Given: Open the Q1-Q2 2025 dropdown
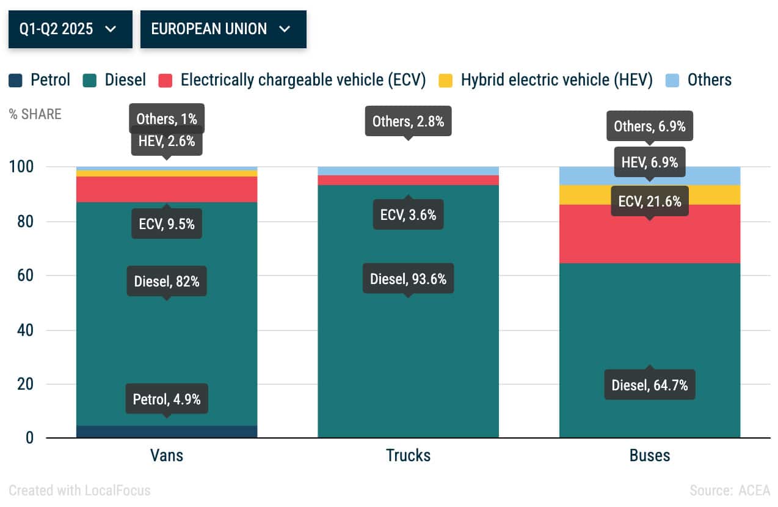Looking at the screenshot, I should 70,29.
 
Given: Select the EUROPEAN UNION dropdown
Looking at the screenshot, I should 223,29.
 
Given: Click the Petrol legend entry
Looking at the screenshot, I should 40,80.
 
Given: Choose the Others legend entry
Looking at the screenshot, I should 699,80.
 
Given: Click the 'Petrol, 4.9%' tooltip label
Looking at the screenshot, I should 167,399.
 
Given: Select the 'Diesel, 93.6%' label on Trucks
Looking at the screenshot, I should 408,279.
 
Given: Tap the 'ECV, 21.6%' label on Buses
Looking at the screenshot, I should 649,201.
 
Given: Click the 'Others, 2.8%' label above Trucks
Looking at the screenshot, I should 408,122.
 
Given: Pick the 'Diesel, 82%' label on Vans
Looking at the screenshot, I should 167,282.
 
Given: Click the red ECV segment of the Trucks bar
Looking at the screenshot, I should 408,180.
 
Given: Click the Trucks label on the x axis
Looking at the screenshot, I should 408,455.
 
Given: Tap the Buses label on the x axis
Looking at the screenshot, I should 649,455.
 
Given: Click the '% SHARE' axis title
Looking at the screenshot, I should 35,114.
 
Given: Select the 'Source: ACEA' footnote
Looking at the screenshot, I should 730,490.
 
